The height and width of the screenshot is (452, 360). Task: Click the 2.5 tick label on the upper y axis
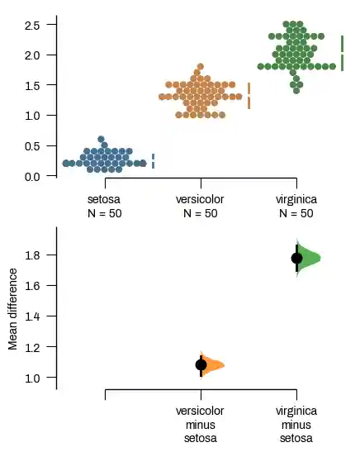coord(32,26)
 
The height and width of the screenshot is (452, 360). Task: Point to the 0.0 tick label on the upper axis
coord(32,176)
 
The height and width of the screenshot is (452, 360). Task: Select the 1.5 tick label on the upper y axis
coord(32,86)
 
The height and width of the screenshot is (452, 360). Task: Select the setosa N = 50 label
coord(104,207)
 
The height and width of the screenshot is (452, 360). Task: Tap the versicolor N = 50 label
coord(200,207)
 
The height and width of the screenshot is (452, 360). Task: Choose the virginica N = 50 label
coord(296,207)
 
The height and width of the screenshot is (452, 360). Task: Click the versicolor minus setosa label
coord(200,424)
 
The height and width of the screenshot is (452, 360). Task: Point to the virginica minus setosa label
coord(296,424)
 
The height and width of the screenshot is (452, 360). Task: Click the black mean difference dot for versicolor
coord(201,364)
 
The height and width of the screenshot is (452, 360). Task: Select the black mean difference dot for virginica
coord(297,258)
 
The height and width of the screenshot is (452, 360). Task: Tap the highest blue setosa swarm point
coord(101,140)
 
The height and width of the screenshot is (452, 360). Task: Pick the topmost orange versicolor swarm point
coord(200,66)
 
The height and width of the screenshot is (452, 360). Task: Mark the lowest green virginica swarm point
coord(296,90)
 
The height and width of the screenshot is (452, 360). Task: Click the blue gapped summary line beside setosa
coord(153,161)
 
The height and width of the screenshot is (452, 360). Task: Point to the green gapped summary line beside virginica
coord(343,53)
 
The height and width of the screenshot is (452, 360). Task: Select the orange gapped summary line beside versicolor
coord(249,96)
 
